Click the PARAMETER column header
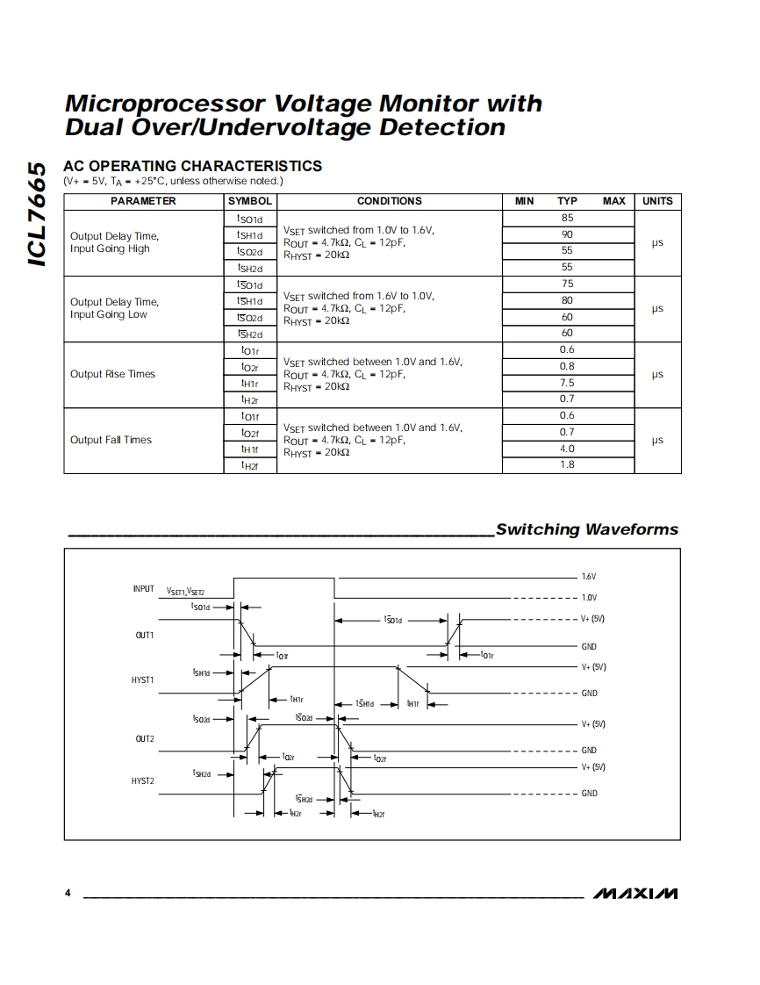(x=143, y=201)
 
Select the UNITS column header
(x=657, y=201)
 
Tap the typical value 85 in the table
(x=567, y=218)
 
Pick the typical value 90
(x=567, y=234)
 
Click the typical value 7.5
(x=567, y=383)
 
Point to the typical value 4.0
(x=567, y=449)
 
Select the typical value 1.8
(x=567, y=464)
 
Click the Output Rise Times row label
(x=112, y=374)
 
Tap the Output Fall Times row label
(x=111, y=440)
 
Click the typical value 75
(x=567, y=284)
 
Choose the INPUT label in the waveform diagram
(x=144, y=589)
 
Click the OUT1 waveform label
(x=145, y=635)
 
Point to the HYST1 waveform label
(x=142, y=679)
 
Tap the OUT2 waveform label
(x=145, y=739)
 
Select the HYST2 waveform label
(x=142, y=780)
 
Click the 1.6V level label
(x=588, y=577)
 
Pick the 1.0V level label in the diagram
(x=588, y=598)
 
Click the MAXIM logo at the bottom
(x=635, y=894)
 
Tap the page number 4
(x=68, y=894)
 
